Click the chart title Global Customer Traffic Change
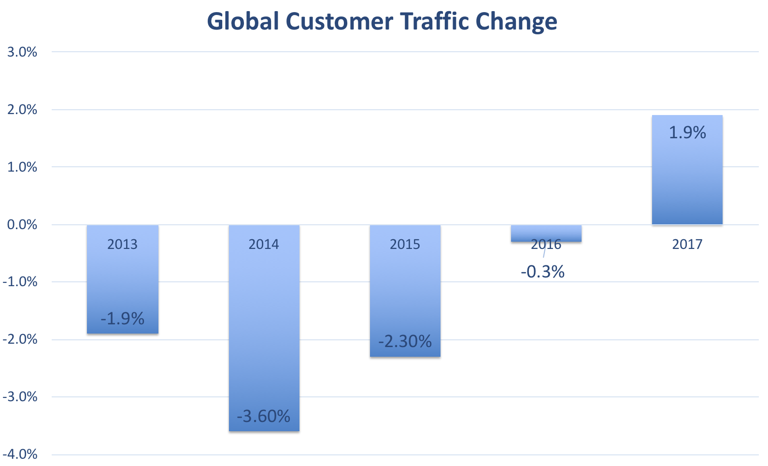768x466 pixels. click(382, 22)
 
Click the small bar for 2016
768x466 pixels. click(546, 233)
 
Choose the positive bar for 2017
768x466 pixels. click(687, 179)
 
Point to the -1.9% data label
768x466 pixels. click(123, 319)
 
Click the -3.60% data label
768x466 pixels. click(264, 416)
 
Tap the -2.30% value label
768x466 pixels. click(405, 341)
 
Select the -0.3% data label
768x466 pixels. click(543, 272)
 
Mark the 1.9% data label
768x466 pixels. click(687, 132)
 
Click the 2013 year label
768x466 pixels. click(123, 244)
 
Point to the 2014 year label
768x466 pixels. click(264, 244)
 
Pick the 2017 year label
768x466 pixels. click(687, 244)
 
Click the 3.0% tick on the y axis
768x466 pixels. click(22, 52)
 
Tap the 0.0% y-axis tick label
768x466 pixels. click(22, 225)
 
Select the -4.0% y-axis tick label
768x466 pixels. click(20, 454)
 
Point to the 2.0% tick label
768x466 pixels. click(22, 110)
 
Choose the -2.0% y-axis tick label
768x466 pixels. click(20, 339)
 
